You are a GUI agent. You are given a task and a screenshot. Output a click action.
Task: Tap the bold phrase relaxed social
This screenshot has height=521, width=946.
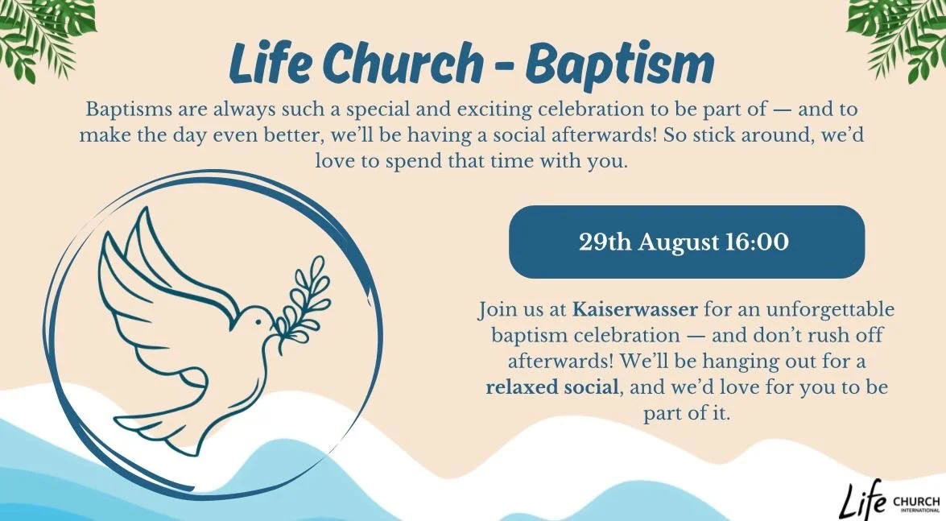click(553, 387)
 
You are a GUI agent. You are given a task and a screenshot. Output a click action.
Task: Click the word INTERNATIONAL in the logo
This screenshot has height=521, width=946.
click(918, 510)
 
